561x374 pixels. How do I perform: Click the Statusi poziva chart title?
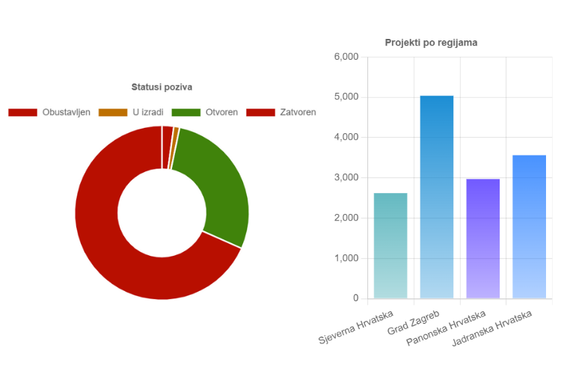coord(162,88)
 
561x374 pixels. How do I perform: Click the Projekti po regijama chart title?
coord(431,43)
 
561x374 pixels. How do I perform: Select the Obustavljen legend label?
coord(67,112)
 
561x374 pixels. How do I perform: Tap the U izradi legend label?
coord(147,112)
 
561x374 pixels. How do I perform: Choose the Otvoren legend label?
coord(221,112)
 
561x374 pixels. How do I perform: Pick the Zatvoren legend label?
coord(297,112)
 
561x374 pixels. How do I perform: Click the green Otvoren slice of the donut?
coord(220,187)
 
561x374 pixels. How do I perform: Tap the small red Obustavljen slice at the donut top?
coord(168,137)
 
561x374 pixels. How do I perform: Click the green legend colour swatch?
coord(186,112)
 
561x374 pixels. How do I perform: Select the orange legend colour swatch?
coord(113,112)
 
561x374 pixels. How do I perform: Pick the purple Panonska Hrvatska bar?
coord(483,239)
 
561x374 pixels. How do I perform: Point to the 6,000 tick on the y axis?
coord(346,57)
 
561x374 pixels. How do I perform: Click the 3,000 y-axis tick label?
coord(346,178)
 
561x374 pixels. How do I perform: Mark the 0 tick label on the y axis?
coord(356,298)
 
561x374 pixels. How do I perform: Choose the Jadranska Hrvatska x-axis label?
coord(494,329)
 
